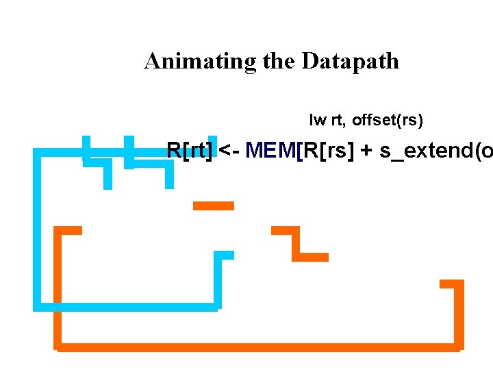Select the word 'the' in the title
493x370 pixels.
coord(277,62)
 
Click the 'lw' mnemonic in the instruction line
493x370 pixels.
coord(318,121)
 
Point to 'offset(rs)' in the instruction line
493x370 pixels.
coord(388,121)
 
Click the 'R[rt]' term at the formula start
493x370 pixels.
coord(190,150)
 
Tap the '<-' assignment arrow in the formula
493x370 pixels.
coord(229,150)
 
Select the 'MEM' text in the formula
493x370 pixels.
coord(271,150)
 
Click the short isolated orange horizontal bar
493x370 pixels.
coord(214,206)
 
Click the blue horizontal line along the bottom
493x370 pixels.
coord(127,306)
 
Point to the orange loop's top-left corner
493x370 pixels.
coord(59,231)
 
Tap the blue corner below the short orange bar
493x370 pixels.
coord(218,256)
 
